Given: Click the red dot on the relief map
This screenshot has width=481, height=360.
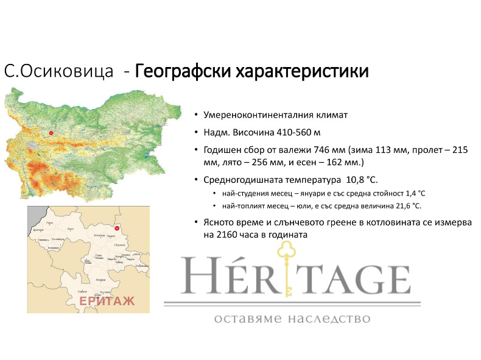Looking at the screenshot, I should pyautogui.click(x=51, y=133).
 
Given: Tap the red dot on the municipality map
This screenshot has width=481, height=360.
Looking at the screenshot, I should pyautogui.click(x=116, y=229).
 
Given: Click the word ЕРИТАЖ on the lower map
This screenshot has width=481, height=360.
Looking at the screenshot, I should pyautogui.click(x=107, y=302).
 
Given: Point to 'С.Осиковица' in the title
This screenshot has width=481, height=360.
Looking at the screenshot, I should pyautogui.click(x=58, y=72).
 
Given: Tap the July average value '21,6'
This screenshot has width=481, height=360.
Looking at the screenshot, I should pyautogui.click(x=400, y=206).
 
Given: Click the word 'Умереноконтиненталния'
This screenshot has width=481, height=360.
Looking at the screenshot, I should pyautogui.click(x=255, y=115).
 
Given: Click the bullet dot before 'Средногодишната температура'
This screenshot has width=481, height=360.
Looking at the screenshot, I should pyautogui.click(x=196, y=180).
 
